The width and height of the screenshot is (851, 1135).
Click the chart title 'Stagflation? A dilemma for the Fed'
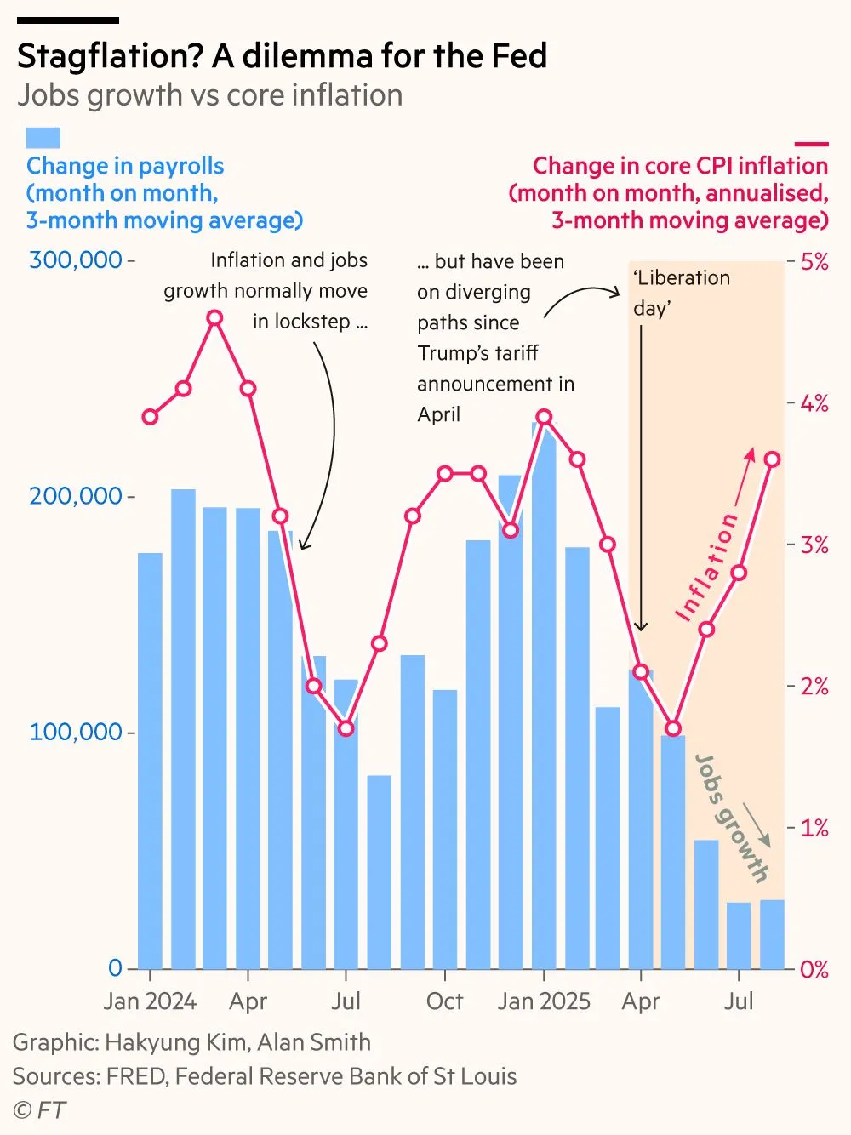tap(282, 56)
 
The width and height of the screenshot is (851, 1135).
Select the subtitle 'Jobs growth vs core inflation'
tap(209, 95)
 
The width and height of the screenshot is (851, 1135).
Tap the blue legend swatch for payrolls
tap(43, 138)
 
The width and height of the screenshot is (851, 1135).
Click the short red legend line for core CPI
tap(810, 145)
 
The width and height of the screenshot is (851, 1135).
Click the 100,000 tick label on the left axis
tap(76, 732)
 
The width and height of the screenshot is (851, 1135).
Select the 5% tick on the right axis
tap(814, 261)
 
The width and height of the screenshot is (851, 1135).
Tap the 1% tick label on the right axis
tap(814, 828)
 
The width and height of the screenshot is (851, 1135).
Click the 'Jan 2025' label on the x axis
tap(544, 1001)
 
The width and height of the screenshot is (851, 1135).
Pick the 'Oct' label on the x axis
tap(444, 1001)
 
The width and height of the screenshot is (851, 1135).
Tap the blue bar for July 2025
tap(739, 936)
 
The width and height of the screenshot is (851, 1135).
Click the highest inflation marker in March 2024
tap(215, 318)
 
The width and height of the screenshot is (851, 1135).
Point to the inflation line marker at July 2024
tap(346, 728)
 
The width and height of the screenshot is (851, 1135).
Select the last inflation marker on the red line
tap(772, 459)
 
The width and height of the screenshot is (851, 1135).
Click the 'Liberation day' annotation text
tap(681, 293)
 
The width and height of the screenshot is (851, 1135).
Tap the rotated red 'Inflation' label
tap(706, 567)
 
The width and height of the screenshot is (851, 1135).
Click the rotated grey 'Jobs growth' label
tap(732, 817)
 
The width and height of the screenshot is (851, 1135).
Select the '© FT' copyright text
tap(39, 1110)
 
